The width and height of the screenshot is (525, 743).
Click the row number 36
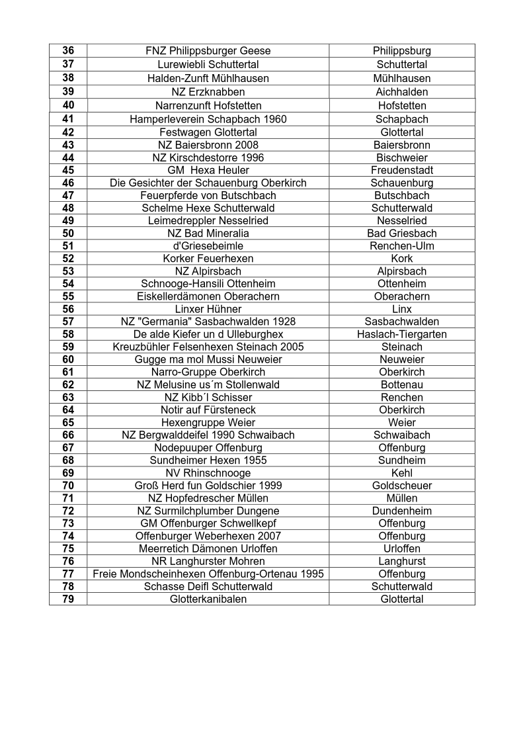[68, 51]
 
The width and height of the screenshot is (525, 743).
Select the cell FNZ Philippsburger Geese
[208, 51]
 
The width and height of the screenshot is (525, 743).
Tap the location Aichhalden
[402, 92]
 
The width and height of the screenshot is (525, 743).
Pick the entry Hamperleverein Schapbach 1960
[208, 120]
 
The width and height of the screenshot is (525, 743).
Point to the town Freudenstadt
[402, 171]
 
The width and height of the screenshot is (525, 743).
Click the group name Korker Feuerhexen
[208, 259]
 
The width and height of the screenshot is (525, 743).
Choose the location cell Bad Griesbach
[402, 234]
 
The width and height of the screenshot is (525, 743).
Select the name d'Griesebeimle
[208, 246]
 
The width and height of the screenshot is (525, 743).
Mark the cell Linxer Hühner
[208, 309]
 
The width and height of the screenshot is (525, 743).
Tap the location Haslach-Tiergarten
[402, 334]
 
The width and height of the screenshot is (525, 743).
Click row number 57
[68, 322]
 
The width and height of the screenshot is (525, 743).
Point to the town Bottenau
[402, 384]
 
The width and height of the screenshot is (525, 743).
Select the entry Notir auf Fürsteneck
[208, 410]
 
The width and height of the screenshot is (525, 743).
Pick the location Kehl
[402, 473]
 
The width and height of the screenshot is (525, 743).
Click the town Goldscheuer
[402, 486]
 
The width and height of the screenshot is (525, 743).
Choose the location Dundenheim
[402, 511]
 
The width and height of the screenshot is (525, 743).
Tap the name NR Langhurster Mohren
[208, 561]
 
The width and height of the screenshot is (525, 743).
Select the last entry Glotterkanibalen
[208, 599]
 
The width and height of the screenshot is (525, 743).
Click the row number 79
[68, 599]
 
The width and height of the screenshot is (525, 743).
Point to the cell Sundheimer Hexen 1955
[208, 460]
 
